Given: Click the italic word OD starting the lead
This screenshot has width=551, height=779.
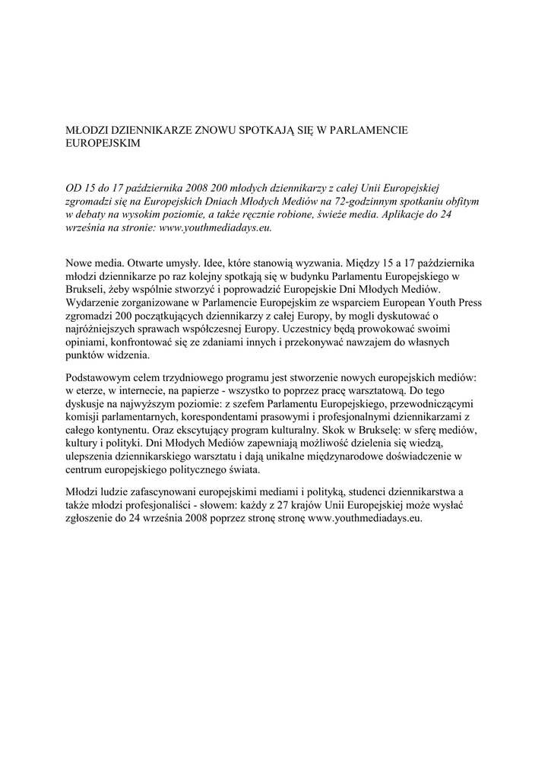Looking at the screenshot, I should [73, 186].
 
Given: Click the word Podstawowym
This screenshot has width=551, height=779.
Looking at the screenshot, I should [103, 378].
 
